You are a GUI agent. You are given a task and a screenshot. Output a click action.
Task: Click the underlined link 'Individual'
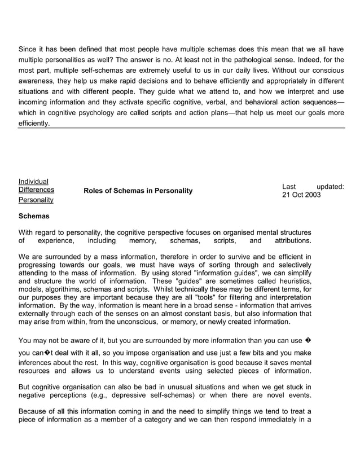[33, 181]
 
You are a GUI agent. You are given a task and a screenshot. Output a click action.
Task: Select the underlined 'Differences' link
[37, 190]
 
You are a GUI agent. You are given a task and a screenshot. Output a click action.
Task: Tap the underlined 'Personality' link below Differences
[36, 200]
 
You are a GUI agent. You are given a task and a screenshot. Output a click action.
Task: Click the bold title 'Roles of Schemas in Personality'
[138, 191]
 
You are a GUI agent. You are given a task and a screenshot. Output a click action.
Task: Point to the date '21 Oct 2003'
[301, 195]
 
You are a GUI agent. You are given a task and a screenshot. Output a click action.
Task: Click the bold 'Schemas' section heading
[34, 216]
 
